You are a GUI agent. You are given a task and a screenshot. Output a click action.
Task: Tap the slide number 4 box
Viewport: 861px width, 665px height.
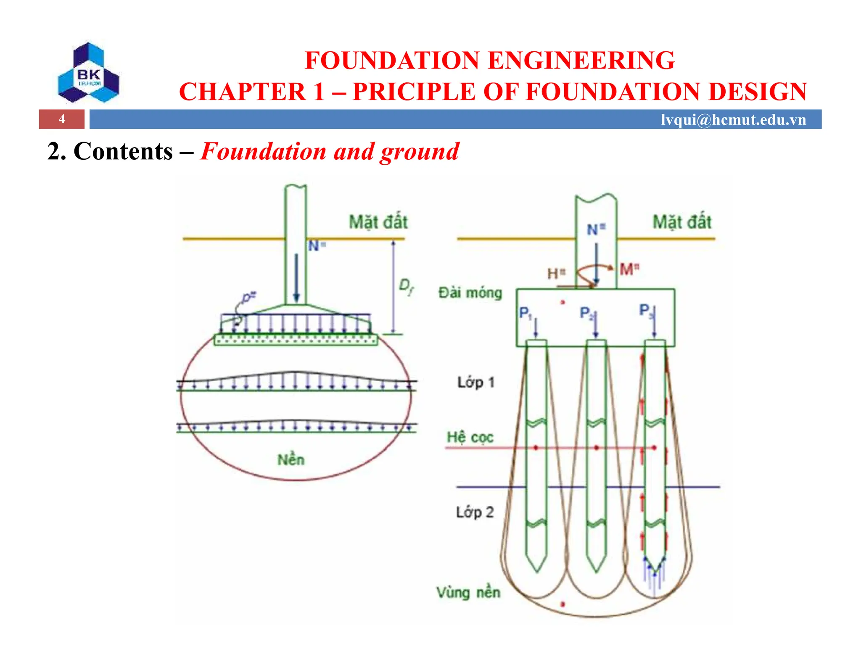click(62, 119)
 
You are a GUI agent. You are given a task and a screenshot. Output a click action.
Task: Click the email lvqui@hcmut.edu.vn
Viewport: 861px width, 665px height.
click(733, 120)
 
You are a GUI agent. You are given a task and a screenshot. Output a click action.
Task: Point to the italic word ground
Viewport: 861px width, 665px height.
click(420, 152)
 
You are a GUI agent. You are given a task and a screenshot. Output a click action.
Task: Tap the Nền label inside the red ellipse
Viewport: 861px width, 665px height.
click(291, 459)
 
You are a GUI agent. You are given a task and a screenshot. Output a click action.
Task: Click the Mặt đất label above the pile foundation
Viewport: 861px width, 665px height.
click(681, 222)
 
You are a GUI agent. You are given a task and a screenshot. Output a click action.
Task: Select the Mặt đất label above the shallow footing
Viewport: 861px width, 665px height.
click(378, 222)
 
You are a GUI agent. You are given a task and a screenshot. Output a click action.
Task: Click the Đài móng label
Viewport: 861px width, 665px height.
click(470, 293)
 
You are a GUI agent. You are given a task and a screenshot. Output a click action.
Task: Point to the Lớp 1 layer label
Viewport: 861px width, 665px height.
click(476, 383)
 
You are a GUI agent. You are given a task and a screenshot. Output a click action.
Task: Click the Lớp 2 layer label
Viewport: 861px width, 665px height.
click(475, 512)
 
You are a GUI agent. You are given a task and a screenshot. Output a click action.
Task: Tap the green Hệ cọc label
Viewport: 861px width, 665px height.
click(470, 437)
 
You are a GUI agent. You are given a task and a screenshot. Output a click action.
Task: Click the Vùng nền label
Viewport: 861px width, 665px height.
click(468, 592)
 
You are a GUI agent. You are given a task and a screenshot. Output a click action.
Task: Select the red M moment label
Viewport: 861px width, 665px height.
click(629, 269)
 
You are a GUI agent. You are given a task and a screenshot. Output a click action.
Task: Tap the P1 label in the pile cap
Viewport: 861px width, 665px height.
click(525, 313)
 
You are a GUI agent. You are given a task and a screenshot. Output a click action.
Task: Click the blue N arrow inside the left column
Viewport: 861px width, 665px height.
click(296, 277)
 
